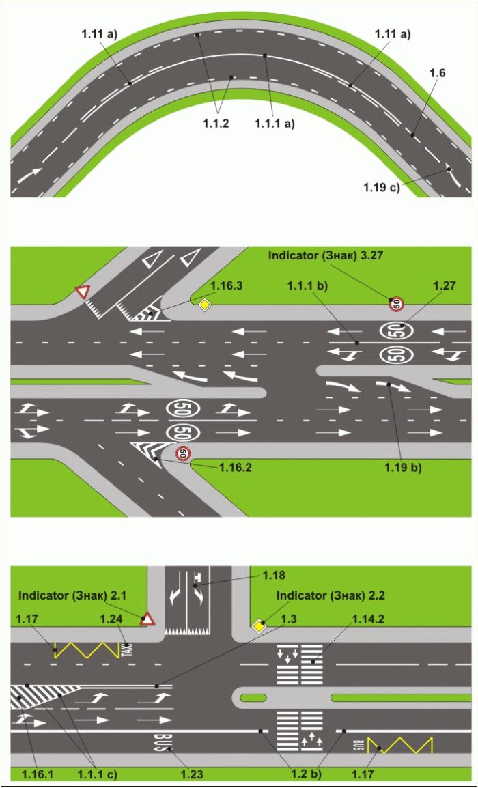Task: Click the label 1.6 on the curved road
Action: click(437, 73)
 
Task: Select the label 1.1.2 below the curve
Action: click(216, 124)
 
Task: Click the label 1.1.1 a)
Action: click(275, 124)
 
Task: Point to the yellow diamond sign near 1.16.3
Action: click(203, 305)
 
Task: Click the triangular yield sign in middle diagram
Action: click(83, 293)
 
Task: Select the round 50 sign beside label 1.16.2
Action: click(183, 453)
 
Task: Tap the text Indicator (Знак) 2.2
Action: click(331, 595)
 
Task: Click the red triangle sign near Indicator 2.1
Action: click(147, 620)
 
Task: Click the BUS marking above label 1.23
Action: click(160, 742)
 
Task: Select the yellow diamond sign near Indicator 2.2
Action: click(259, 626)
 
